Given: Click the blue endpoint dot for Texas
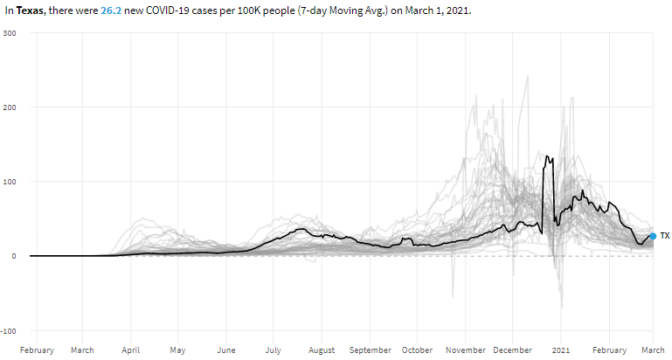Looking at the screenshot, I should click(653, 236).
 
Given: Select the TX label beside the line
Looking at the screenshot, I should click(665, 236).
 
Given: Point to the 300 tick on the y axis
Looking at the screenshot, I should click(10, 33).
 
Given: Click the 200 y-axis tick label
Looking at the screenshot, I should click(10, 107).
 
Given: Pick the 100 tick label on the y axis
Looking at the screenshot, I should click(10, 182).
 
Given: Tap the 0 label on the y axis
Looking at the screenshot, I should click(15, 256).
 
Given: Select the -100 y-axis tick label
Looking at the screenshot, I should click(9, 331).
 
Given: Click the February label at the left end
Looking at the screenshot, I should click(37, 350).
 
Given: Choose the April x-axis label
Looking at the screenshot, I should click(130, 350).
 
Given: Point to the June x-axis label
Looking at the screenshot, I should click(225, 350).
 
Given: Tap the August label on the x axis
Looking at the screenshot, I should click(322, 350).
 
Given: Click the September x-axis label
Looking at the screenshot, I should click(370, 350).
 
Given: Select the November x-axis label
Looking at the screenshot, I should click(466, 350).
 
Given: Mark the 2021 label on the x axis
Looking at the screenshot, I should click(560, 350).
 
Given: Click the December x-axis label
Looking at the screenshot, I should click(512, 350).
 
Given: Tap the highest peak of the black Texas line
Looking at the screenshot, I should click(546, 156).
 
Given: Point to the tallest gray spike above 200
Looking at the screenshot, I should click(527, 76).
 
